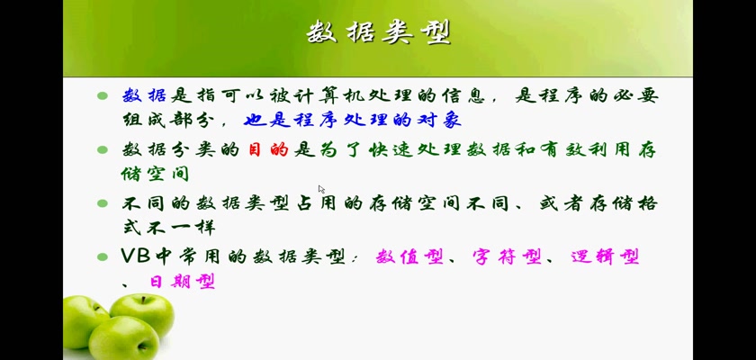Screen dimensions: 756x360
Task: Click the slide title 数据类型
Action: pos(379,33)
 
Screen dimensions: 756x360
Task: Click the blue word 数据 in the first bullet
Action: pos(144,96)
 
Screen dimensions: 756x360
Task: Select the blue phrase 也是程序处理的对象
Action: pos(353,120)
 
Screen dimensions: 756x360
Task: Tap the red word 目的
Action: pos(268,150)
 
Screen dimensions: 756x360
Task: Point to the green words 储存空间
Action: pos(155,174)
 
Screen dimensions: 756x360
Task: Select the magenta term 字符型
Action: pos(506,256)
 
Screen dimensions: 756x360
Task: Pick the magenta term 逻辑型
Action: pos(605,256)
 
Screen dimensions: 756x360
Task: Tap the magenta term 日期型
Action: pos(182,281)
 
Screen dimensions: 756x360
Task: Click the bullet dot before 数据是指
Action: pos(103,96)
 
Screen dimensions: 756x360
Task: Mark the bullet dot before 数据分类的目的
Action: pos(103,150)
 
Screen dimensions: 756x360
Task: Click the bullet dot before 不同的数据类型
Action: pos(103,203)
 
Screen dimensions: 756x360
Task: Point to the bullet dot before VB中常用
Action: pos(103,256)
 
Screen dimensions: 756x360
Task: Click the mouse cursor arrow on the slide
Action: pos(321,189)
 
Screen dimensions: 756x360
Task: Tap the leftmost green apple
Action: pos(85,320)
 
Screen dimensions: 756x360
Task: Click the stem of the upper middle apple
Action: pos(143,301)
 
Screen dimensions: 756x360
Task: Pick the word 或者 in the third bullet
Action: pos(562,203)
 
